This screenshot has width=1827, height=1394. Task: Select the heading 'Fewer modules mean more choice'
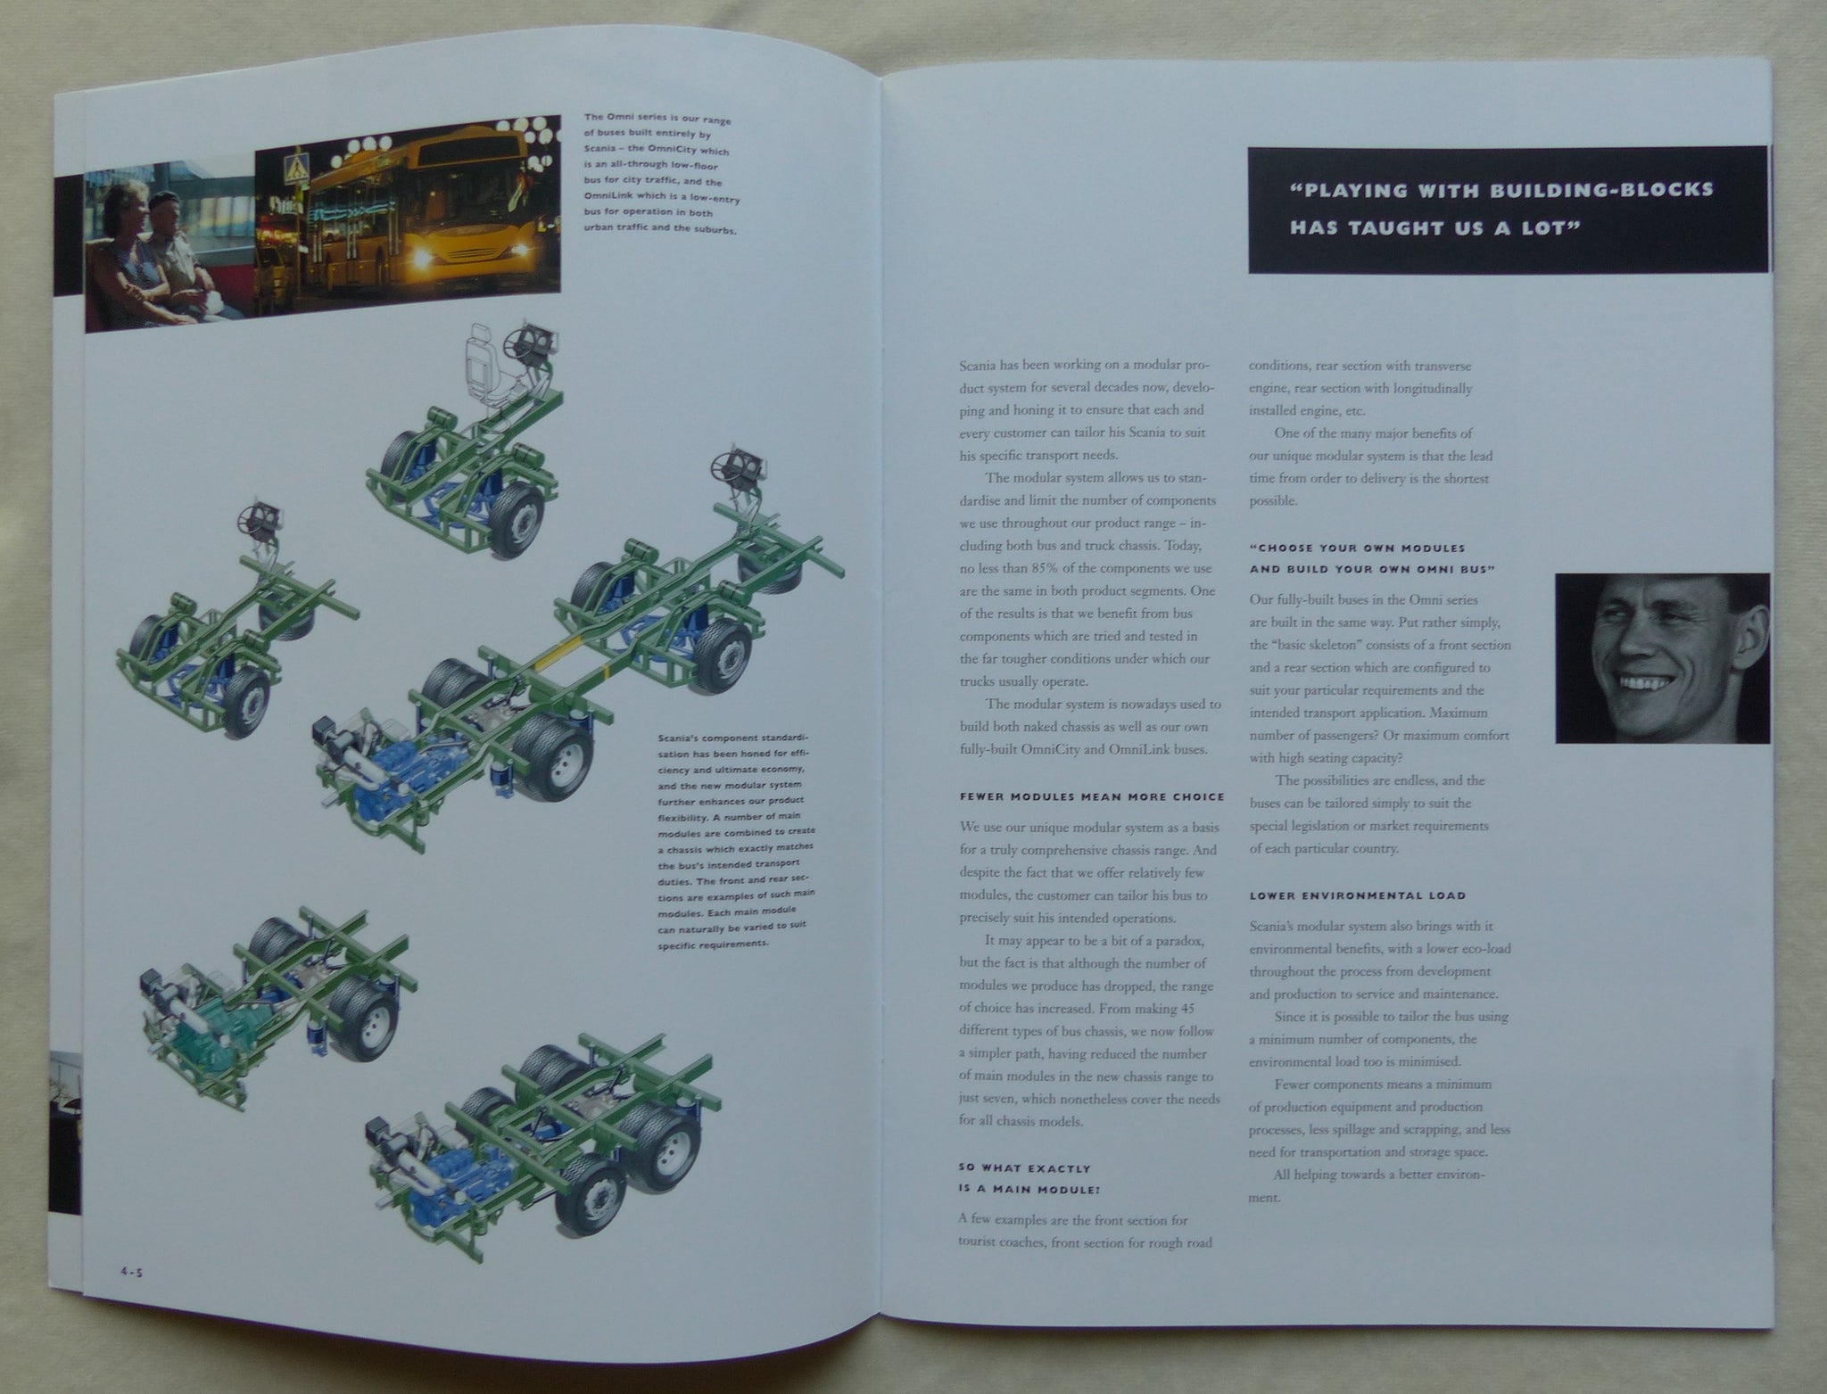point(1092,796)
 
